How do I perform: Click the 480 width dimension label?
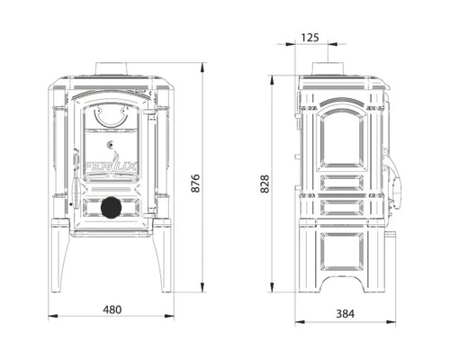112,310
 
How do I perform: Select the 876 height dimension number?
195,183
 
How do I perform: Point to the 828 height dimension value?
265,184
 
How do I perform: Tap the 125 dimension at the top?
310,38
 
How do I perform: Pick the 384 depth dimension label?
345,314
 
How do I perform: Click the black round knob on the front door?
112,207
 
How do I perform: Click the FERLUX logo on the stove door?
112,166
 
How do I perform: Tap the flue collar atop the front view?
111,68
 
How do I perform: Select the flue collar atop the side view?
328,68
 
